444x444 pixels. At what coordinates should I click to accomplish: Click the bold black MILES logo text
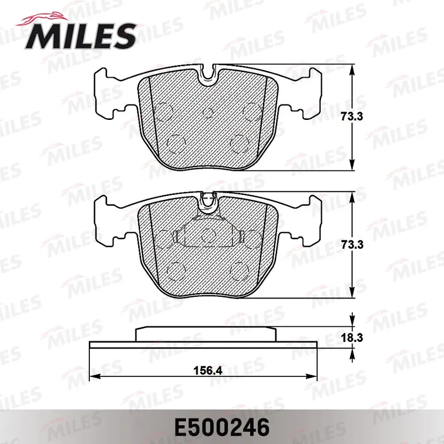click(x=80, y=36)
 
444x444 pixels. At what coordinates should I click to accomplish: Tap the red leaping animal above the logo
click(x=43, y=19)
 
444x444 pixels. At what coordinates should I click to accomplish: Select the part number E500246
click(x=221, y=427)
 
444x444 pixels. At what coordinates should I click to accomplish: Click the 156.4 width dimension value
click(x=208, y=370)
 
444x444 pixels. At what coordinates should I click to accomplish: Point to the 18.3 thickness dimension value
click(x=352, y=337)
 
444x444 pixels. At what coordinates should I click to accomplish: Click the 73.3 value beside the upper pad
click(x=352, y=117)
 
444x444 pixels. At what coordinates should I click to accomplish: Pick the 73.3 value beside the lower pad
click(x=352, y=244)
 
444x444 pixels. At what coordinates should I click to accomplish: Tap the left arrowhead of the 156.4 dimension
click(x=95, y=376)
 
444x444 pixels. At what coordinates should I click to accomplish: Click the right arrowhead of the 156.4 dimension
click(x=311, y=376)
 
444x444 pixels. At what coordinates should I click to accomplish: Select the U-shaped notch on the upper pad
click(x=208, y=74)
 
